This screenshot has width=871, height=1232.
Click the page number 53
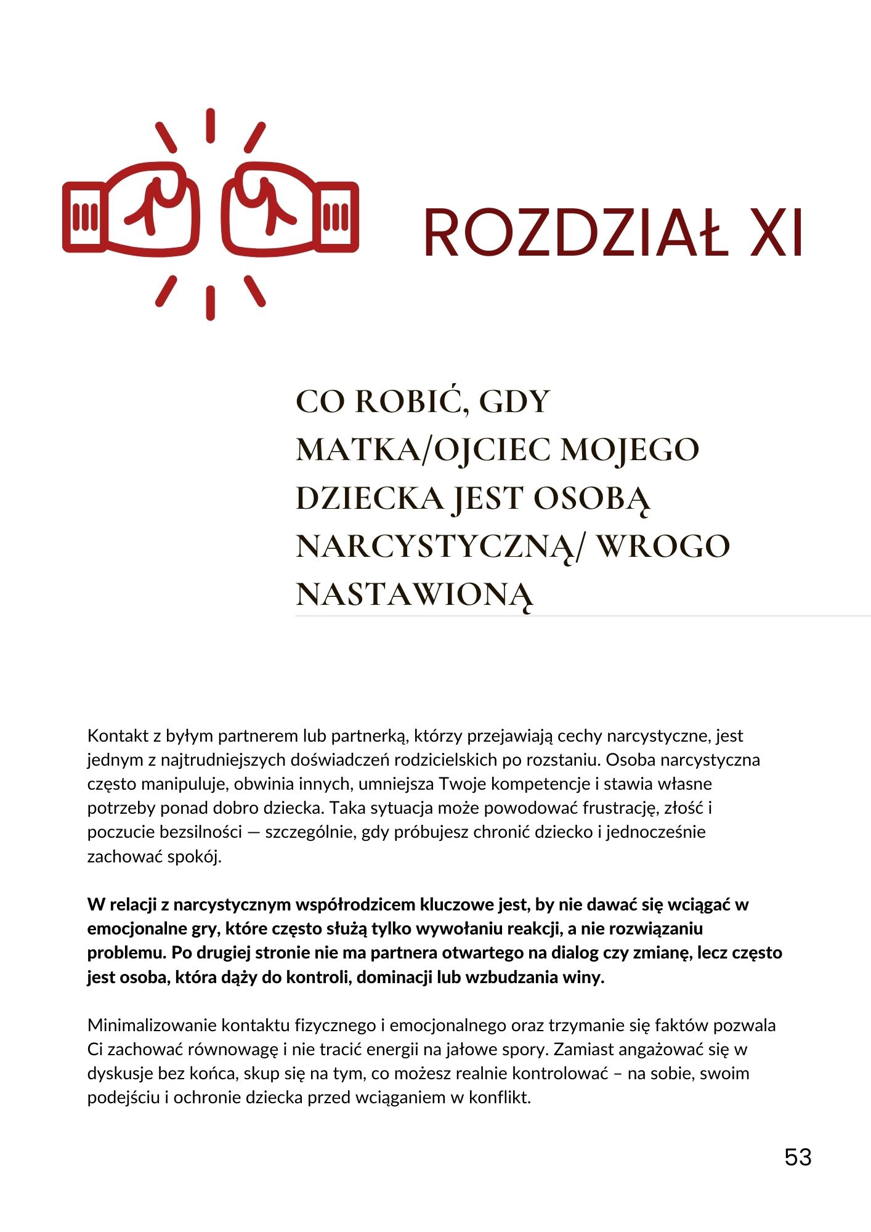pos(798,1157)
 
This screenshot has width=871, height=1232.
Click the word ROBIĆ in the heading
pos(408,402)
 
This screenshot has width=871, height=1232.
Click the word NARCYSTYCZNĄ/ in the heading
pos(437,546)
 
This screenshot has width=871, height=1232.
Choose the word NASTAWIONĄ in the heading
pos(414,594)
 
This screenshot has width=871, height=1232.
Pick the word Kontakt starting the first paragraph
pos(118,736)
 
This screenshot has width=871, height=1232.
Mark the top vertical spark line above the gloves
pos(210,126)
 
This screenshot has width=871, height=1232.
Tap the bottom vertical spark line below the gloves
pos(210,302)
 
